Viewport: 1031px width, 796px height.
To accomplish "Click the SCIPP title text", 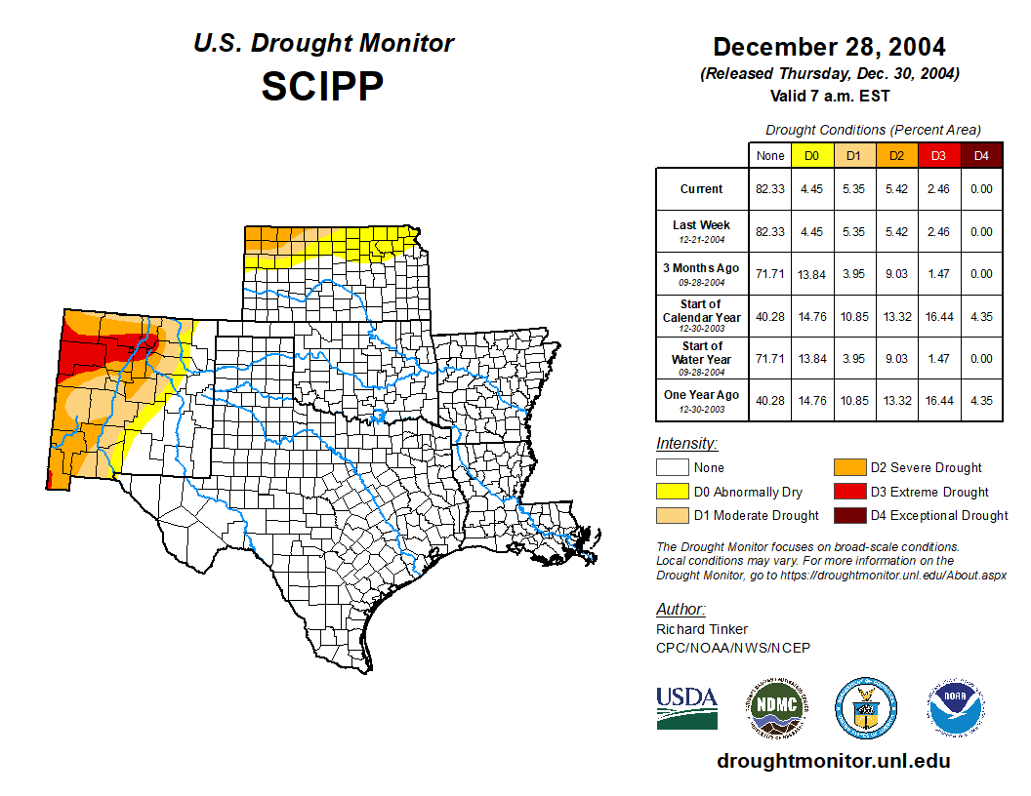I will [322, 87].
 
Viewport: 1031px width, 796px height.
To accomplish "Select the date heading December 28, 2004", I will [829, 47].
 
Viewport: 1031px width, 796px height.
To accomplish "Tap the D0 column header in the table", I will [811, 155].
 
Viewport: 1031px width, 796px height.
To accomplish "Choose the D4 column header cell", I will [981, 155].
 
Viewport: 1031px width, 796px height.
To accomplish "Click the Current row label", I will [702, 189].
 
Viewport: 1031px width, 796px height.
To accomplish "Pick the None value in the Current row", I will [769, 189].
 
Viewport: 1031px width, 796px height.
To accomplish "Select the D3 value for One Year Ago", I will [939, 400].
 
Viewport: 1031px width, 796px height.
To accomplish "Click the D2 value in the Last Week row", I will [897, 232].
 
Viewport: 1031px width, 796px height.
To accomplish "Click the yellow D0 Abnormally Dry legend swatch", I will [672, 492].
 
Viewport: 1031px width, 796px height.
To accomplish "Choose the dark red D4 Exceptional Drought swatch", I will [848, 515].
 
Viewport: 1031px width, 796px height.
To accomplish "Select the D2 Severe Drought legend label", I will [926, 468].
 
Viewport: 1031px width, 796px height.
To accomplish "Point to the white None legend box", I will [672, 468].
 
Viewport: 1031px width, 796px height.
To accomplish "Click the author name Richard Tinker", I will [702, 629].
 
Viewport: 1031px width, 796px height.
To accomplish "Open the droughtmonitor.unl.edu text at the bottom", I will [833, 761].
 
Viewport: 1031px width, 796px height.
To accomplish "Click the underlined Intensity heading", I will [686, 444].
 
